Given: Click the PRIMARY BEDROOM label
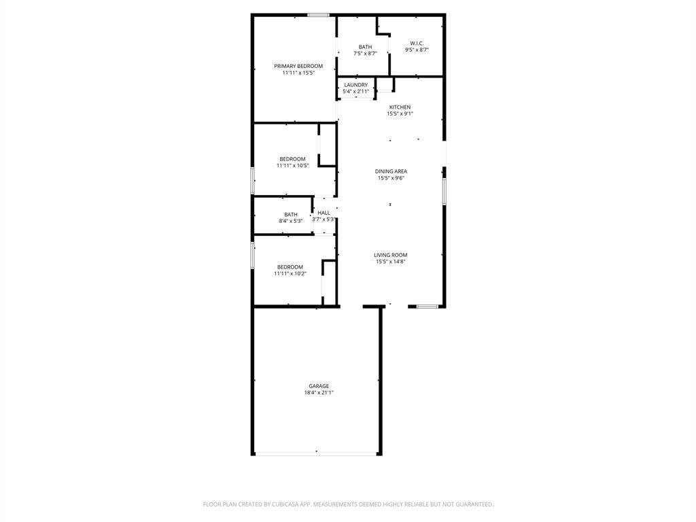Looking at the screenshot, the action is tap(298, 66).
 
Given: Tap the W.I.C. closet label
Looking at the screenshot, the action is tap(417, 43).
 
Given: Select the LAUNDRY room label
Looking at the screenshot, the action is tap(356, 85).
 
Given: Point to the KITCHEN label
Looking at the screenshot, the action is tap(400, 107).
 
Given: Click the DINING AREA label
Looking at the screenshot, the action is tap(391, 171).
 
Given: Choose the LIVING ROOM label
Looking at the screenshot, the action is tap(391, 256).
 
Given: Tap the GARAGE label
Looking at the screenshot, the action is tap(319, 386).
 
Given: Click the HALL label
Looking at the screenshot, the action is tap(324, 213).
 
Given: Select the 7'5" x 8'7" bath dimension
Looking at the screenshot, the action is tap(365, 53).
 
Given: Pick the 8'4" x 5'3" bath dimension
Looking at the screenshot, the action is tap(291, 221).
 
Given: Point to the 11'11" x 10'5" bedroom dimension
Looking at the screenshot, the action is tap(292, 166).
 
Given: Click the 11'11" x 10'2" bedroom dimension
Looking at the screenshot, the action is tap(290, 274).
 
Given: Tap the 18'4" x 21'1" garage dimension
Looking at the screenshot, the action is tap(319, 393).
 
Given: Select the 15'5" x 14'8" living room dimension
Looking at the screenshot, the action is tap(391, 262).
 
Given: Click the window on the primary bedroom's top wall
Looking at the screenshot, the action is tap(319, 15).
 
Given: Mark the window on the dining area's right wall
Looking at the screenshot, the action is tap(444, 191).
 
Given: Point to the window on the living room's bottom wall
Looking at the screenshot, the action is tap(428, 307).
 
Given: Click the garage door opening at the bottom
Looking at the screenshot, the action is tap(317, 453).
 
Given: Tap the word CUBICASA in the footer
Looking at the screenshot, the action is tap(289, 504).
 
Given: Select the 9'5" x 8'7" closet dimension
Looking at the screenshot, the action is tap(417, 50).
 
